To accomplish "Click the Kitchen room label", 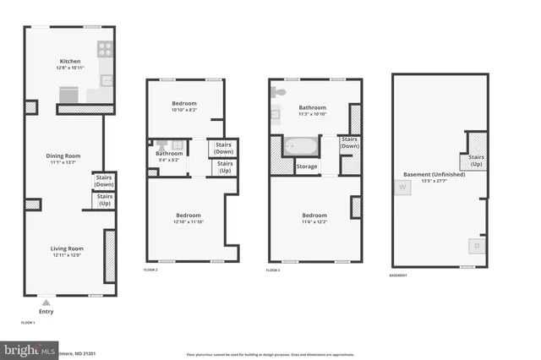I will (69, 61).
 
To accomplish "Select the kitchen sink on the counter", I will (107, 81).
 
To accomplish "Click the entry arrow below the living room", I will (46, 300).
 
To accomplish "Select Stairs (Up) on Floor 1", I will (105, 200).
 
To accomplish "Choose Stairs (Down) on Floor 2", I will (223, 148).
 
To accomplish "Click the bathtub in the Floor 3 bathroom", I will (300, 147).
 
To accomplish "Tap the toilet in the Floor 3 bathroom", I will (280, 91).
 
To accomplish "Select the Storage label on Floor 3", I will (307, 166).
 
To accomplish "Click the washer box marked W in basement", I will (402, 188).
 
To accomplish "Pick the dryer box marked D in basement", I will (477, 246).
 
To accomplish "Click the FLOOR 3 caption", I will (273, 270).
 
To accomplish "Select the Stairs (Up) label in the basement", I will (475, 161).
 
